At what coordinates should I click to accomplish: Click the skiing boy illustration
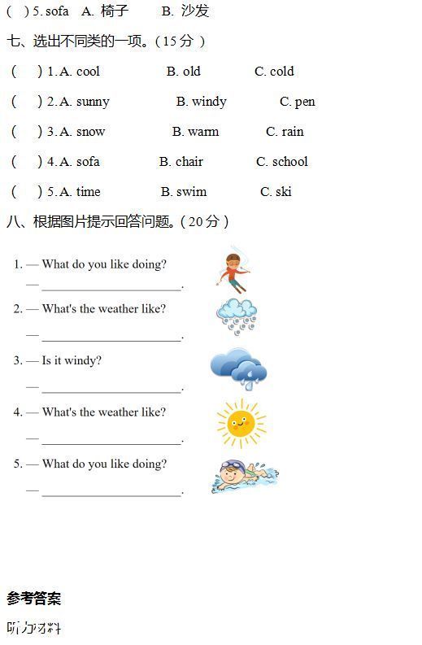pos(233,271)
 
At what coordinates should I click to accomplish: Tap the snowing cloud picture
pos(237,316)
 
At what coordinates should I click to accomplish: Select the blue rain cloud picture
pos(238,368)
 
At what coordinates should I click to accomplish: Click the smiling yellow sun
pos(240,423)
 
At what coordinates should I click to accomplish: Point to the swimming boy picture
pos(248,476)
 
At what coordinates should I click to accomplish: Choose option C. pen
pos(297,102)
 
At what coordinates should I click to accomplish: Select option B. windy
pos(201,102)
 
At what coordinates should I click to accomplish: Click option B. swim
pos(183,192)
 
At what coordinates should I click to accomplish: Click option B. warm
pos(195,132)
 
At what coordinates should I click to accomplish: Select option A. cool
pos(80,72)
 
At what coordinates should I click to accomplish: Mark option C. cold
pos(274,72)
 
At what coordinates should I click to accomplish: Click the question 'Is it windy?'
pos(72,360)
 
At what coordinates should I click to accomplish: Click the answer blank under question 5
pos(111,492)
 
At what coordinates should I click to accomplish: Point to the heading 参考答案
pos(34,599)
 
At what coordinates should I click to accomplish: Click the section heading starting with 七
pos(106,41)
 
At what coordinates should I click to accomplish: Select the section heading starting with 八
pos(118,221)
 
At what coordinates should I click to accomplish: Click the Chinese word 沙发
pos(195,11)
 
